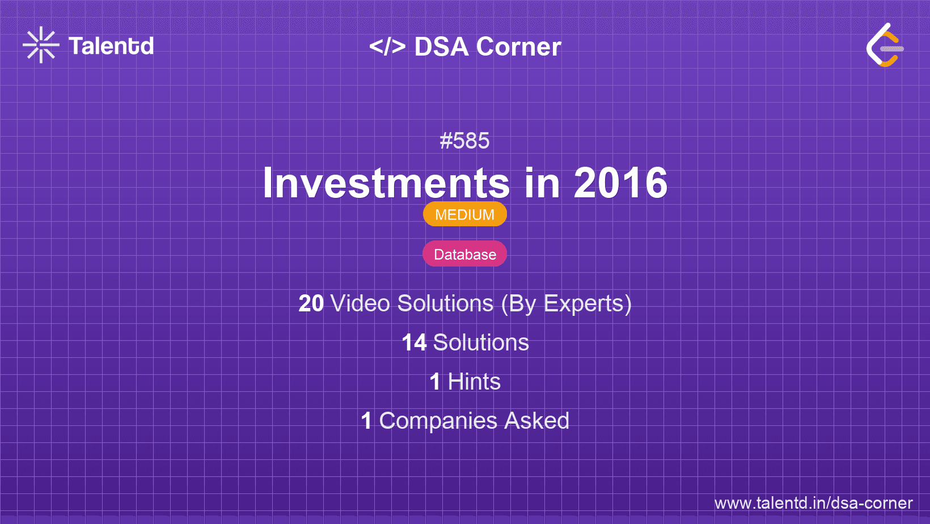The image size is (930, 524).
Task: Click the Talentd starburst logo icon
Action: [41, 45]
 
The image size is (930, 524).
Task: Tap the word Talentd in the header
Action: [111, 46]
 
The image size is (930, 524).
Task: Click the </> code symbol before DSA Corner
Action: [387, 47]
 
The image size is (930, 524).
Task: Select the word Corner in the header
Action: [518, 47]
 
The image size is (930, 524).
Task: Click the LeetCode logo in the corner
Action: [885, 45]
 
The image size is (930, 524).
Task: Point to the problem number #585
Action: [464, 141]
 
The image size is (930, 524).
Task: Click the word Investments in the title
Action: [386, 183]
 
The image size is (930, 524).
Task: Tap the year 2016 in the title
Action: [621, 183]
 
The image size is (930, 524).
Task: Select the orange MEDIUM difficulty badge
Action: [465, 214]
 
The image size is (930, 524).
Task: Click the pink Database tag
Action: [465, 253]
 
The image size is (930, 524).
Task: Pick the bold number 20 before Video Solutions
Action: [311, 303]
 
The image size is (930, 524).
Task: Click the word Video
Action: [361, 303]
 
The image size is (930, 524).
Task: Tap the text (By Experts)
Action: [567, 303]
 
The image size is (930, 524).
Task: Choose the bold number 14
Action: [414, 343]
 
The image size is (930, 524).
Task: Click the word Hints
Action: [474, 382]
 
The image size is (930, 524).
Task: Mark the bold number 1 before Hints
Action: [435, 382]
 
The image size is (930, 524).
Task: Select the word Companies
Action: [438, 421]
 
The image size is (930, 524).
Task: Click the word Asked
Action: [537, 421]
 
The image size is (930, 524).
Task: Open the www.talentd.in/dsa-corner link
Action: [813, 503]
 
